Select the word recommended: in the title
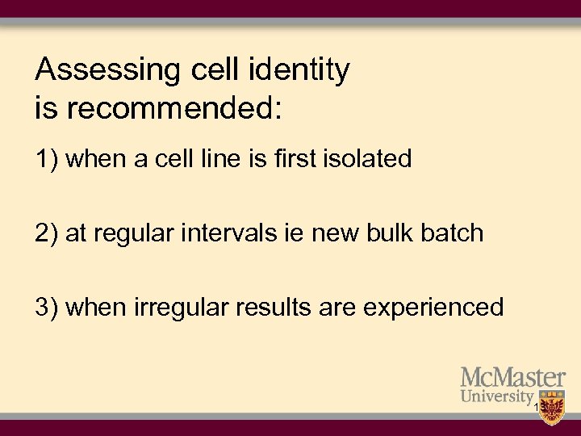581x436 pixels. click(x=173, y=107)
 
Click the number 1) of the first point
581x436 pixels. click(x=47, y=159)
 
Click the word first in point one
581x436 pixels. click(x=296, y=159)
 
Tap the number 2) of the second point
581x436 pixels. click(x=47, y=233)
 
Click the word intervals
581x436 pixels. click(x=224, y=233)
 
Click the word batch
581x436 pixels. click(x=452, y=233)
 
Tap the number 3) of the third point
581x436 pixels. click(x=47, y=308)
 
